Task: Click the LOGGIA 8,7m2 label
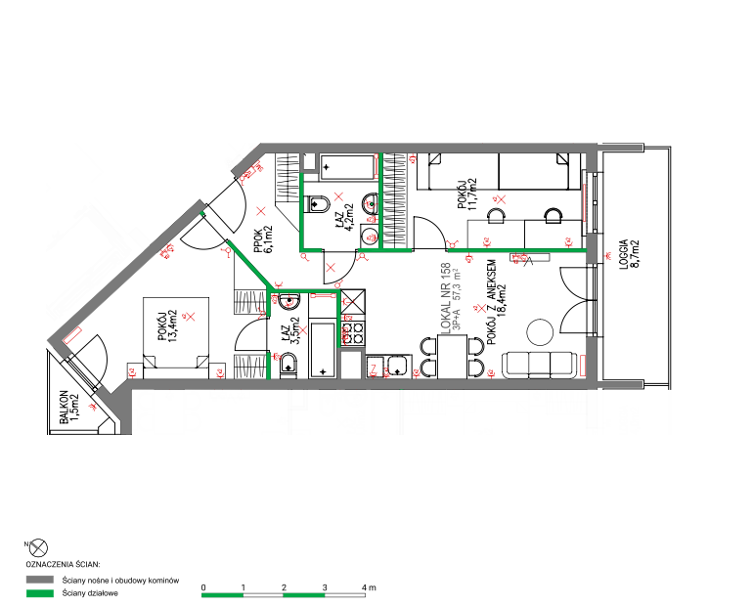[630, 255]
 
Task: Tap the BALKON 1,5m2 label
[68, 407]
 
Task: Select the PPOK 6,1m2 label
[264, 239]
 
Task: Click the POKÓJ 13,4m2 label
[167, 326]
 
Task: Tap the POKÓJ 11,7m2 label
[466, 194]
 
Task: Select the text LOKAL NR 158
[445, 298]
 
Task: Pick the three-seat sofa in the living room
[539, 365]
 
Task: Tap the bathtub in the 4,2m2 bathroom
[348, 167]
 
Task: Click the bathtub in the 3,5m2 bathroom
[323, 350]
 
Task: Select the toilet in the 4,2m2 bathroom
[318, 204]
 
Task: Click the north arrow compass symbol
[38, 547]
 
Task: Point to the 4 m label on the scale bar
[369, 587]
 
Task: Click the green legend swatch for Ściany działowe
[40, 593]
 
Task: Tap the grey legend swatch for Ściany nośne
[40, 580]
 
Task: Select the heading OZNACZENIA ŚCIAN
[63, 565]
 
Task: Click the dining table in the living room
[452, 357]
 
